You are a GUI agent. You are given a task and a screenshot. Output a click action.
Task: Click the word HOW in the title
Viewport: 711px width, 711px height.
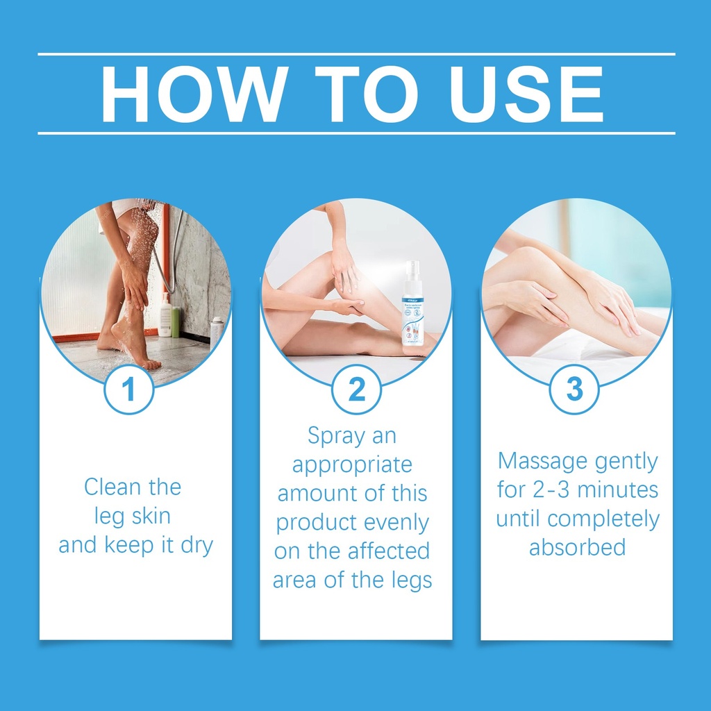pyautogui.click(x=195, y=94)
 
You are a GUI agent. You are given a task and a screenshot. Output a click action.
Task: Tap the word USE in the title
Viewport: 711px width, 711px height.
pyautogui.click(x=526, y=94)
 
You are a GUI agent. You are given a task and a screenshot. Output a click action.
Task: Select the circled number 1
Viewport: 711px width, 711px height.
pyautogui.click(x=128, y=389)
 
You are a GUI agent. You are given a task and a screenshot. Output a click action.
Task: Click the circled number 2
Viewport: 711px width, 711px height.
pyautogui.click(x=356, y=389)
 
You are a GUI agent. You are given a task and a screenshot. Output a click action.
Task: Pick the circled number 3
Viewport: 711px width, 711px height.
pyautogui.click(x=574, y=389)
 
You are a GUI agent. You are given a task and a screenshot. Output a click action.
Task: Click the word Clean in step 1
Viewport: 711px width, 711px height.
pyautogui.click(x=113, y=487)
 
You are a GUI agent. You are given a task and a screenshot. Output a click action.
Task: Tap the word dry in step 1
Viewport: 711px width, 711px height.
pyautogui.click(x=196, y=546)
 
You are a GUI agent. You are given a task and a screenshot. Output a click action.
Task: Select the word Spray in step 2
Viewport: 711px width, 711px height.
pyautogui.click(x=337, y=436)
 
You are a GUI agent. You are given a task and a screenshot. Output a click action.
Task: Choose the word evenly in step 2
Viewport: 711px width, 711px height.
pyautogui.click(x=396, y=524)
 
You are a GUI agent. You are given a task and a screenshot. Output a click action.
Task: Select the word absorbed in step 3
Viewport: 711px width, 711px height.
pyautogui.click(x=577, y=547)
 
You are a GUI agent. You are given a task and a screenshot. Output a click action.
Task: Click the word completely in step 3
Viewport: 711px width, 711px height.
pyautogui.click(x=603, y=519)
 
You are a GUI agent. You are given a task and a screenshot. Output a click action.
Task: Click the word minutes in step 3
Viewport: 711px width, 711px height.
pyautogui.click(x=617, y=490)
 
